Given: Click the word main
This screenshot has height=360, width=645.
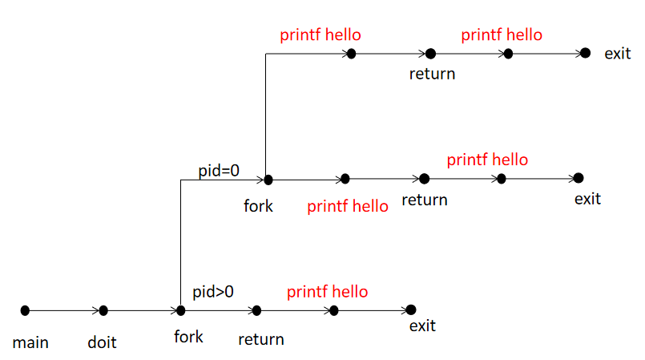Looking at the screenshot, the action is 30,343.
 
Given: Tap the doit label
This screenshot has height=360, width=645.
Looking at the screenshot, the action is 102,343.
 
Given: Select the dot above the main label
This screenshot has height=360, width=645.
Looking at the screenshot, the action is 25,310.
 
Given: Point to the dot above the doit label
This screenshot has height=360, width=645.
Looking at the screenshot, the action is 103,310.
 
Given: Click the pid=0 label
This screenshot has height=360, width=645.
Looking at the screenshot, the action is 219,170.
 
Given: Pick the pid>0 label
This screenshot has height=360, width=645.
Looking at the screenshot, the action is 213,290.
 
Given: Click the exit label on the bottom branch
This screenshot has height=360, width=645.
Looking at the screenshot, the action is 422,326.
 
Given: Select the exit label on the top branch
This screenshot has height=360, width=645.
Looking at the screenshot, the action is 618,54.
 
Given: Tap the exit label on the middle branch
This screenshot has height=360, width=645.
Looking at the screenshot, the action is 587,198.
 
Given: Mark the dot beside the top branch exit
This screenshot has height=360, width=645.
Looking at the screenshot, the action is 585,53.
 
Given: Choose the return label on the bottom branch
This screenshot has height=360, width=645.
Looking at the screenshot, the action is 261,339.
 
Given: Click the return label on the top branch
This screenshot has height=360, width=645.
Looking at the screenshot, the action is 432,74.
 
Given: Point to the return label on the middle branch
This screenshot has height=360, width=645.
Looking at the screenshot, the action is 424,199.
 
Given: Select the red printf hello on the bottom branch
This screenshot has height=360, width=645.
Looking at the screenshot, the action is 328,291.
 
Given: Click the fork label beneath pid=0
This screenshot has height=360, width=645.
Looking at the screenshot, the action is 258,206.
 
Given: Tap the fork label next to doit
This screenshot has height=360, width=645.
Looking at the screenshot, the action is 188,337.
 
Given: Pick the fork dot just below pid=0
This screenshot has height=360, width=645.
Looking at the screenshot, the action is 268,180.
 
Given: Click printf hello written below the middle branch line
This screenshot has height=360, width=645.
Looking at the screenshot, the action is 348,206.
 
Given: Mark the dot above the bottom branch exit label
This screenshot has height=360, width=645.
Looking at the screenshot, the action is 411,309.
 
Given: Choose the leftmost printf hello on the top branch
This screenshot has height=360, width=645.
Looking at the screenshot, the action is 320,35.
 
